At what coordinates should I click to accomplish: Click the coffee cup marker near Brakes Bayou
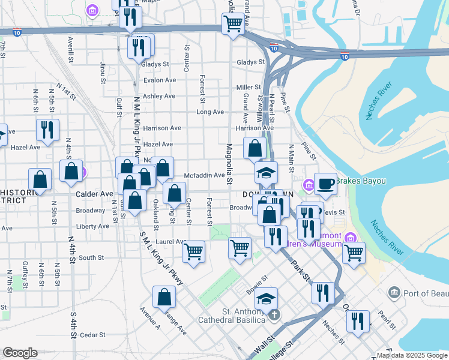pyautogui.click(x=326, y=183)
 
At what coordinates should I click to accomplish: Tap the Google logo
pyautogui.click(x=20, y=353)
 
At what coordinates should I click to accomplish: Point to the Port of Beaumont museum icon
pyautogui.click(x=394, y=293)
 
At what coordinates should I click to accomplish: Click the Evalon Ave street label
pyautogui.click(x=159, y=80)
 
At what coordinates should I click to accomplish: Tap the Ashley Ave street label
pyautogui.click(x=159, y=96)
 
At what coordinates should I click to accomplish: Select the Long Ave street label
pyautogui.click(x=210, y=112)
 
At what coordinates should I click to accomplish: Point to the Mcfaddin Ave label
pyautogui.click(x=204, y=176)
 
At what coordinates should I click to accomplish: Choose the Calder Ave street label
pyautogui.click(x=95, y=194)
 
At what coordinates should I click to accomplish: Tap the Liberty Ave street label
pyautogui.click(x=93, y=227)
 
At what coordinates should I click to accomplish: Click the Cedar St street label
pyautogui.click(x=92, y=335)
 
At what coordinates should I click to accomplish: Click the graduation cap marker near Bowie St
pyautogui.click(x=267, y=298)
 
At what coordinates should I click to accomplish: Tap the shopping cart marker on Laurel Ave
pyautogui.click(x=193, y=251)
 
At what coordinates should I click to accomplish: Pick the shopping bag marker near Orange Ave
pyautogui.click(x=164, y=296)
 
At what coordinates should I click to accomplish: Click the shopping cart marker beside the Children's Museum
pyautogui.click(x=354, y=251)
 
